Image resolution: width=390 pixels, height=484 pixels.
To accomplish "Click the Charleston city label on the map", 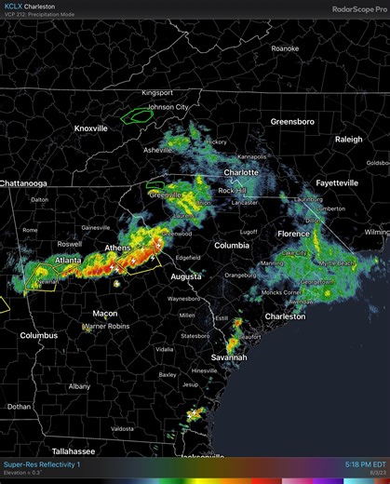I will (285, 316).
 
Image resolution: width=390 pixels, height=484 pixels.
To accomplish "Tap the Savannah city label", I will (229, 357).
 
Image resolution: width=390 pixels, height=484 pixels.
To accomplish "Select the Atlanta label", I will (67, 260).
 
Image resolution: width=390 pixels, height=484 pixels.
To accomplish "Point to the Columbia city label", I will (232, 246).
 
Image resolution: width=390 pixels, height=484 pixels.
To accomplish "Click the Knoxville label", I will (91, 128).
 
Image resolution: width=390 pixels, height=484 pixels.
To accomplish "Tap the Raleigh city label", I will (349, 140).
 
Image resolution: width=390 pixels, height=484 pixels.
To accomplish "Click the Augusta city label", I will (186, 276).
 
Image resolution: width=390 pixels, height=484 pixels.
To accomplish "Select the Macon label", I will (104, 314).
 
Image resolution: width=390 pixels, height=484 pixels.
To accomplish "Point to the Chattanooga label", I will (23, 183).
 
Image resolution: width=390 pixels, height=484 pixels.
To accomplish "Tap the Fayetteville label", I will (337, 183).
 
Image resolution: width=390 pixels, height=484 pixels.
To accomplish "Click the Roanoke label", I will (284, 47).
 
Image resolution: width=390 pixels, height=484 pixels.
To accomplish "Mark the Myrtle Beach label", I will (334, 263).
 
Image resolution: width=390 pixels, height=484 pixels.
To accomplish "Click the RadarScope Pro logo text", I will (358, 9).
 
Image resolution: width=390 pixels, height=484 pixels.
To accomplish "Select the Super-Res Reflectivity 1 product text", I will (42, 464).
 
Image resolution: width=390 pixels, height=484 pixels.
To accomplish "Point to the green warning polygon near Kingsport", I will (139, 115).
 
